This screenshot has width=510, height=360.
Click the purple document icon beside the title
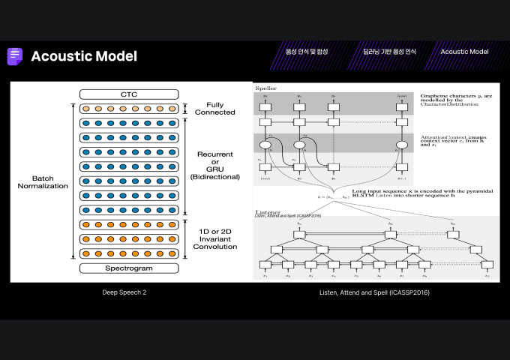pos(14,56)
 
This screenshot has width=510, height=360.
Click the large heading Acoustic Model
pos(84,56)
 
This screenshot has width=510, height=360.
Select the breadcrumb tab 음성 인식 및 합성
pos(307,52)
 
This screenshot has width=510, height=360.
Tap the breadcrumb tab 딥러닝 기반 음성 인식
pos(389,52)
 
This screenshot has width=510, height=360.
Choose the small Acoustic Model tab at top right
pos(464,52)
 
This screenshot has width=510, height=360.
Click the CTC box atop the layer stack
pos(129,94)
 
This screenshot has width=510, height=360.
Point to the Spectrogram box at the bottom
pos(129,268)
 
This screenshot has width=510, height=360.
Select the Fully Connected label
pos(214,108)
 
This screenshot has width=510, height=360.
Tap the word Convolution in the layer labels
pos(215,246)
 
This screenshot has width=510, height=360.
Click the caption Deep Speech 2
pos(124,292)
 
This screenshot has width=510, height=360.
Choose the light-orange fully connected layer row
pos(129,109)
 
